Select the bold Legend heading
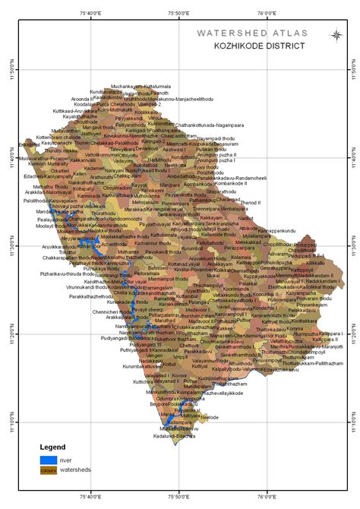tap(52, 447)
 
